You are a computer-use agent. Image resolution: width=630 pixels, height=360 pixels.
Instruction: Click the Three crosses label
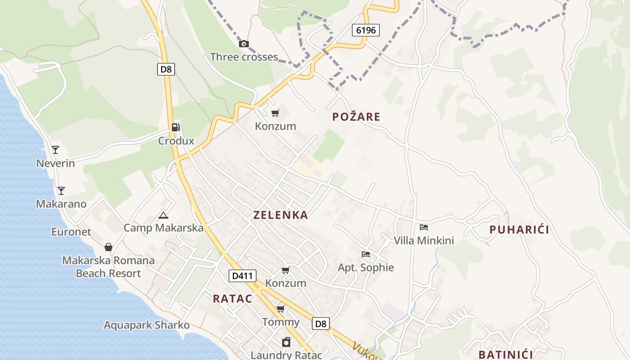[x=244, y=57]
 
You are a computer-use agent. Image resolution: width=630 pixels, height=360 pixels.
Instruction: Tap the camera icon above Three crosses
[x=243, y=44]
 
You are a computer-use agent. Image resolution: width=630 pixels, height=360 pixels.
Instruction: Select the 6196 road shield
[x=365, y=30]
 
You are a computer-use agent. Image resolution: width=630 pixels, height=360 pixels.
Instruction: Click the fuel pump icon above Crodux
[x=176, y=127]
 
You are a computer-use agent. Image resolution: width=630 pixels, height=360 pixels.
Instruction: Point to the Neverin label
[x=55, y=163]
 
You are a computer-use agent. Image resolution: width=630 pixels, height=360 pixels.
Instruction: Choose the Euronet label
[x=71, y=232]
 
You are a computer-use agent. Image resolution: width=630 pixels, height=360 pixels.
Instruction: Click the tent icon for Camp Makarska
[x=163, y=215]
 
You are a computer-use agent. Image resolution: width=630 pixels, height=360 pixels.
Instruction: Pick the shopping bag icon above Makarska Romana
[x=108, y=247]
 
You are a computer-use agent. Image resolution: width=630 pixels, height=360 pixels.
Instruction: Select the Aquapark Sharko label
[x=147, y=325]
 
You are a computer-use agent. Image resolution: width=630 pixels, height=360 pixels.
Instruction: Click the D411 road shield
[x=243, y=276]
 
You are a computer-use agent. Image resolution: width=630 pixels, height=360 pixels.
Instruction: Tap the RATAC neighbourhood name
[x=232, y=298]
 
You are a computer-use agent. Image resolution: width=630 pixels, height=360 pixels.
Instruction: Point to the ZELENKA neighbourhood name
[x=280, y=215]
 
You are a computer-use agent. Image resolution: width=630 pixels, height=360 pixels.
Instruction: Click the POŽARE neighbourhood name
[x=356, y=117]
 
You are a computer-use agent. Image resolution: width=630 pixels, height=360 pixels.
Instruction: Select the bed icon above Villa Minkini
[x=423, y=227]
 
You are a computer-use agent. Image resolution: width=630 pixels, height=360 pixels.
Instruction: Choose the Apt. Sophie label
[x=366, y=268]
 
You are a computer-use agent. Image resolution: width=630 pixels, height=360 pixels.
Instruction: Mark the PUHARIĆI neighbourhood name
[x=519, y=229]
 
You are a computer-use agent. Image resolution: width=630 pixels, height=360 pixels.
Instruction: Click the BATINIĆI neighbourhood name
[x=505, y=354]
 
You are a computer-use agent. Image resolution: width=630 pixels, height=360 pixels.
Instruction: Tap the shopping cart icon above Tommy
[x=281, y=309]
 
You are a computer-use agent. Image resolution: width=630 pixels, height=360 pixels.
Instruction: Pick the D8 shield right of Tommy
[x=321, y=324]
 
